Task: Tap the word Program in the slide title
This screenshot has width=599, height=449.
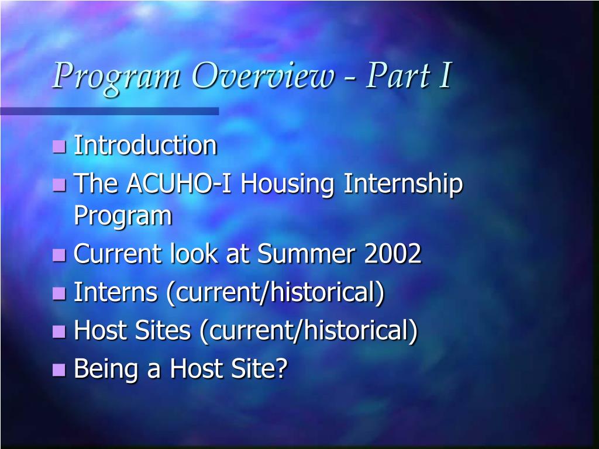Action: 115,77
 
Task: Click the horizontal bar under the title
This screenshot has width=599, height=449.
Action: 109,111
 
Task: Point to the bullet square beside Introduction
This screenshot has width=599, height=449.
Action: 59,146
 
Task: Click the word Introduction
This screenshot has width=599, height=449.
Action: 145,146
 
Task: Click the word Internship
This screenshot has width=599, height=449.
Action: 403,185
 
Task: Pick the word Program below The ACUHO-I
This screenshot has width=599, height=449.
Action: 123,216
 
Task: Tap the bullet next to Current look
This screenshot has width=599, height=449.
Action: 59,255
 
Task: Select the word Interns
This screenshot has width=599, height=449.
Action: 115,292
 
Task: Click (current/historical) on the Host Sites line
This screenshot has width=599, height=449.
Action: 308,331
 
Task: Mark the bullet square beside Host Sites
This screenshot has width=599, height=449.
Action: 59,331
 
